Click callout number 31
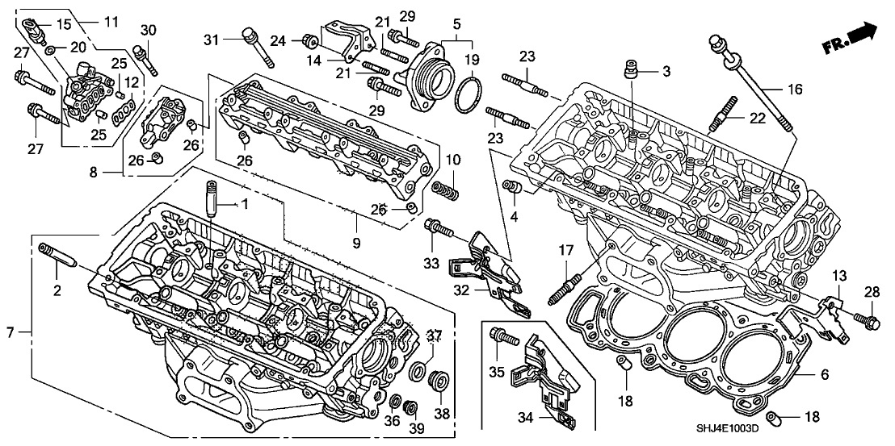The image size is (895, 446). [211, 40]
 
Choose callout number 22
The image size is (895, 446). [757, 118]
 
